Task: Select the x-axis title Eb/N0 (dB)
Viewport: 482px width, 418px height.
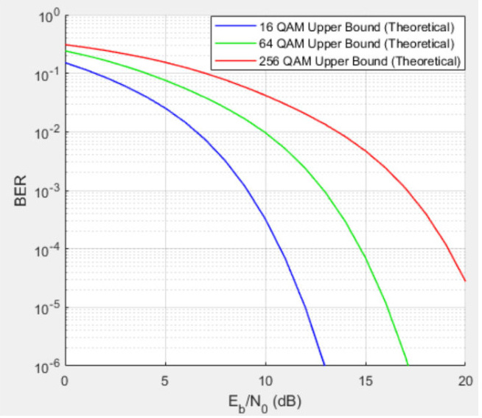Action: click(265, 403)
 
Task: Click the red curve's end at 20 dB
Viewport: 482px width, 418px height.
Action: click(464, 281)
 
